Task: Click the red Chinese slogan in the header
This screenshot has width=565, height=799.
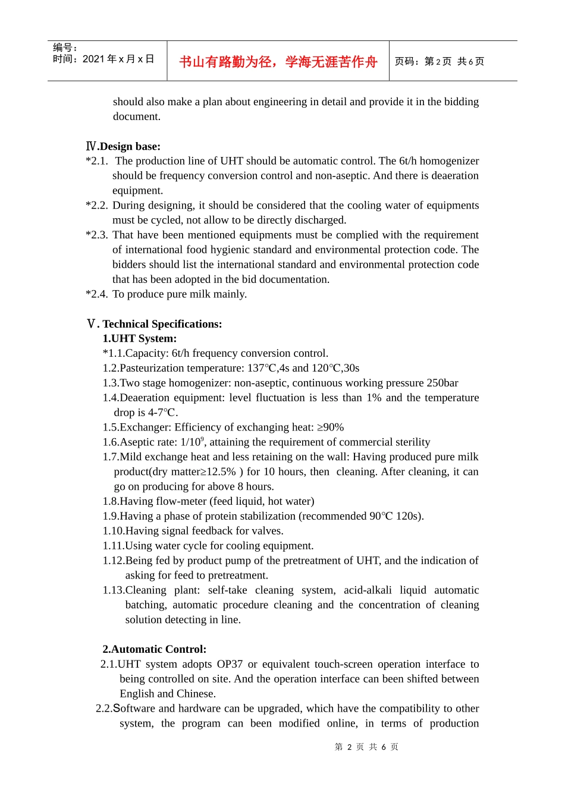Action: point(278,62)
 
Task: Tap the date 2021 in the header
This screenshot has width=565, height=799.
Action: point(93,59)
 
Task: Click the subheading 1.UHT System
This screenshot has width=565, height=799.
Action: point(139,338)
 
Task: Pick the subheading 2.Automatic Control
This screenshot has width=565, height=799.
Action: point(154,649)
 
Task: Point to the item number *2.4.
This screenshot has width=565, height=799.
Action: point(97,294)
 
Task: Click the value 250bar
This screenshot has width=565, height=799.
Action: point(442,383)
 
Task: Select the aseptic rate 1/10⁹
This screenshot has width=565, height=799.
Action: point(193,442)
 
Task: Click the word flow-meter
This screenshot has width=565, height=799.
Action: point(182,501)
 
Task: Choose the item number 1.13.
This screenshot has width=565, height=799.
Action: point(113,590)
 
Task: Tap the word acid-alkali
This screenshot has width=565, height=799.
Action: point(368,590)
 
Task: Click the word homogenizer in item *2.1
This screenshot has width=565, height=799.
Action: point(447,161)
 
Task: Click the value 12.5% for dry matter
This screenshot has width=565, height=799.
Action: point(220,472)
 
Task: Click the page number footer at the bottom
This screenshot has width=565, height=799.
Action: point(366,747)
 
